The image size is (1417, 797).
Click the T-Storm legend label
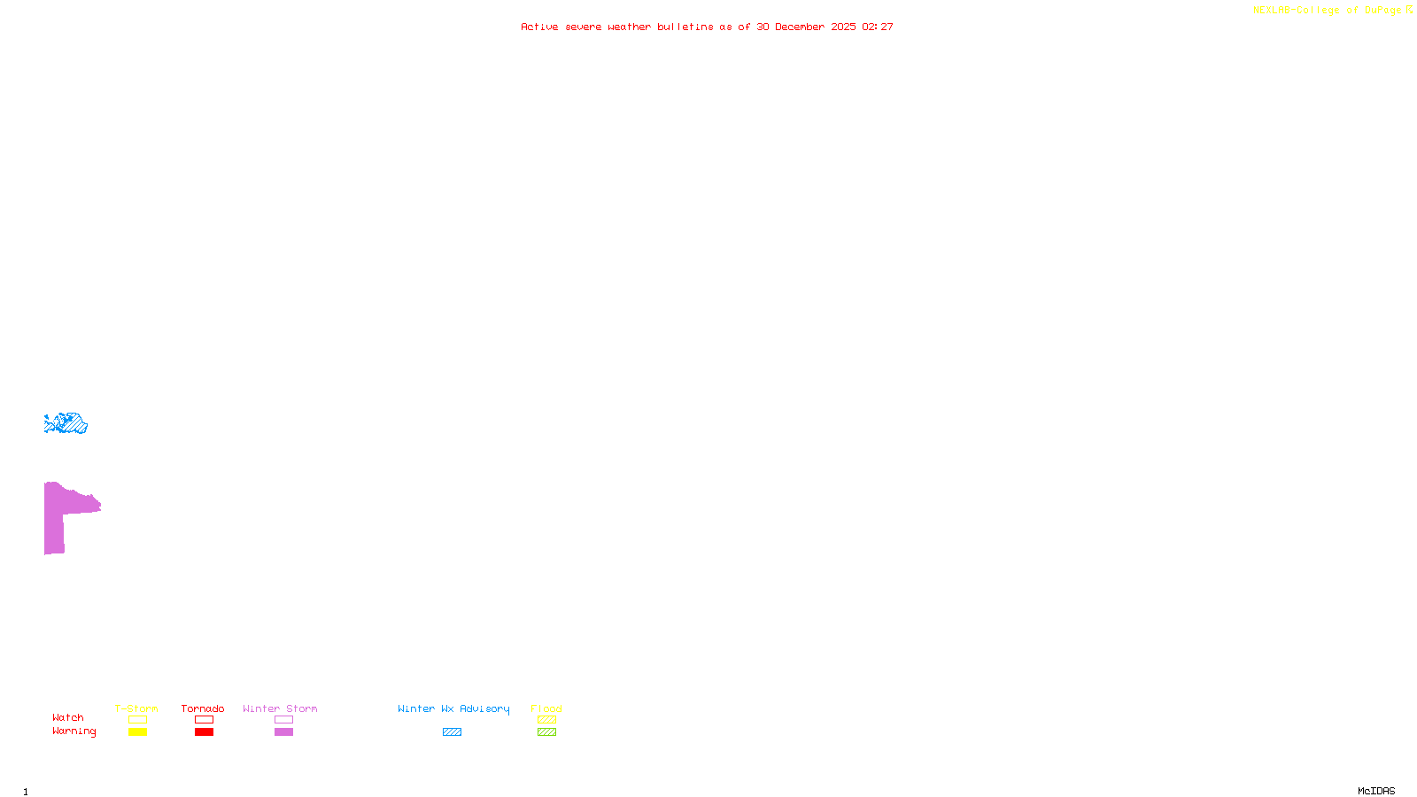pyautogui.click(x=136, y=708)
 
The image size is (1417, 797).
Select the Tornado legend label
pyautogui.click(x=203, y=708)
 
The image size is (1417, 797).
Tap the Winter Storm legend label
pyautogui.click(x=280, y=708)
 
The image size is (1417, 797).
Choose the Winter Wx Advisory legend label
pyautogui.click(x=453, y=708)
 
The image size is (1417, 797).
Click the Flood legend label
pyautogui.click(x=546, y=708)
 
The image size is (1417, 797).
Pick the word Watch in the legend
pyautogui.click(x=68, y=717)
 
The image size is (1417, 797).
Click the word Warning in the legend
pyautogui.click(x=74, y=731)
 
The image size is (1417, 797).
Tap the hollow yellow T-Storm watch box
pyautogui.click(x=137, y=720)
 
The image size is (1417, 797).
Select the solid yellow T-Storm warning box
pyautogui.click(x=137, y=732)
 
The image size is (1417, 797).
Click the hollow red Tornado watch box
pyautogui.click(x=204, y=720)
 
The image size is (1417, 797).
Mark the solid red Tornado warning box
pyautogui.click(x=204, y=732)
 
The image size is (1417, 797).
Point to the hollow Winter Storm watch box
pyautogui.click(x=283, y=720)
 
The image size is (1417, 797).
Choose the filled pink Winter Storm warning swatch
pyautogui.click(x=283, y=732)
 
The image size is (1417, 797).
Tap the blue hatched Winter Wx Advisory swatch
pyautogui.click(x=452, y=732)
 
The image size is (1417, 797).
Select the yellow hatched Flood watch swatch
pyautogui.click(x=546, y=720)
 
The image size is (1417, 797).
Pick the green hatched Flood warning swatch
pyautogui.click(x=546, y=732)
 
